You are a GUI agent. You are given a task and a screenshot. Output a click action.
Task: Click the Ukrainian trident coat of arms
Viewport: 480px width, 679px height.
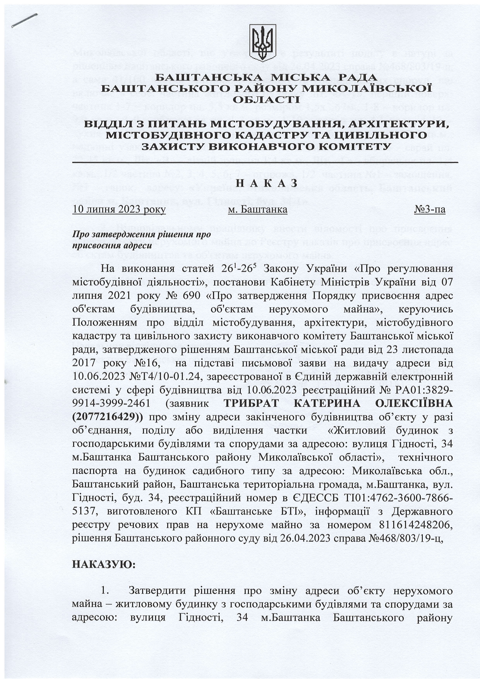262,43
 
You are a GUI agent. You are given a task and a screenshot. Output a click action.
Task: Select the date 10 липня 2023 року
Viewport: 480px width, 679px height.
119,210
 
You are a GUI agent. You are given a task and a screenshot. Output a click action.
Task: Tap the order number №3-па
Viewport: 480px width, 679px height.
430,210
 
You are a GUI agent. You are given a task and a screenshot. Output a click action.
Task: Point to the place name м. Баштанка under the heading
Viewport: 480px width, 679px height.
258,210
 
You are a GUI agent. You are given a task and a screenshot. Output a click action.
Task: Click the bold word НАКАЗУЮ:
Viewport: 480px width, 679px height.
104,564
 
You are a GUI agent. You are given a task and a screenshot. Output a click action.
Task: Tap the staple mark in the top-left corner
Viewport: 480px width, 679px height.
24,20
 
